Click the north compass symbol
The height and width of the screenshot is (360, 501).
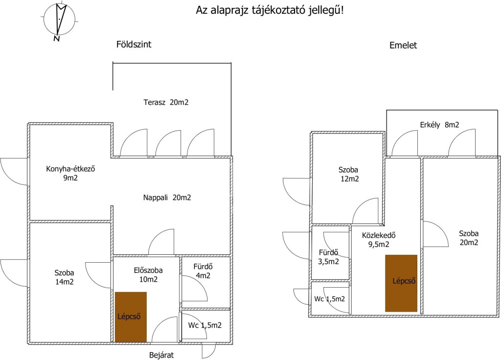(x=59, y=21)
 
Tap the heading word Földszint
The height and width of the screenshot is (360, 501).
(x=134, y=45)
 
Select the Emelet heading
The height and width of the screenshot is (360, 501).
(x=403, y=45)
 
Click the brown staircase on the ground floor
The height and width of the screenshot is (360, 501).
(x=131, y=316)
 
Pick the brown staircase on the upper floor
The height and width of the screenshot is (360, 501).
(x=401, y=283)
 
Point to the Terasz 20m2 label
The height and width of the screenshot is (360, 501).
(x=166, y=103)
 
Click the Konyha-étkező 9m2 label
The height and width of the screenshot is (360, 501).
(x=70, y=174)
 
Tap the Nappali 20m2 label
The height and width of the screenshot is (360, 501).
(x=167, y=198)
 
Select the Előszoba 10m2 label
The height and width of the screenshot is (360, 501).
(x=148, y=274)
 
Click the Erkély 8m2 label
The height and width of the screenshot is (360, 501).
(x=439, y=125)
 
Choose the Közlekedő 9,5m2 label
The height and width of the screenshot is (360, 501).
(x=378, y=240)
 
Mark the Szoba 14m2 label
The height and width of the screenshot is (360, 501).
(x=64, y=278)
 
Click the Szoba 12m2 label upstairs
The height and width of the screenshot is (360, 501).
(x=348, y=175)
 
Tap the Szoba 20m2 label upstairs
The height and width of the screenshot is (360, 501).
(x=468, y=238)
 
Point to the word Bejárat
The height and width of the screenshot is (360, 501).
(x=161, y=355)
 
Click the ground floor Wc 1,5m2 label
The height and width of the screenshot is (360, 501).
(x=205, y=325)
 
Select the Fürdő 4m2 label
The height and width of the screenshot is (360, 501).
(x=202, y=271)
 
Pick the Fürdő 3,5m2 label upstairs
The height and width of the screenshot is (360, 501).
(x=328, y=257)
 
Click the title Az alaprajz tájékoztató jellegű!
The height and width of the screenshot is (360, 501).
(x=270, y=10)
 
